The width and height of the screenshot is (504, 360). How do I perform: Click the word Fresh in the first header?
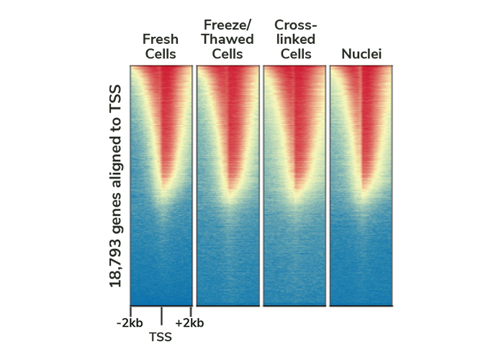click(x=160, y=39)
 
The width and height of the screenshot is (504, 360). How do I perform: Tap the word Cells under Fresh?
click(x=160, y=54)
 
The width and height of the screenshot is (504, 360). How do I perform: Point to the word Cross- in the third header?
click(x=293, y=24)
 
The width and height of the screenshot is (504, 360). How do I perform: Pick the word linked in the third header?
click(x=293, y=39)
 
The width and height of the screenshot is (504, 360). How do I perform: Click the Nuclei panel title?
click(x=360, y=54)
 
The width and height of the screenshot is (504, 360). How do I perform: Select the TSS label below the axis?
click(x=161, y=336)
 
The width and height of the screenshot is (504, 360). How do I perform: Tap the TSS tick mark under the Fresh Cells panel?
click(x=161, y=314)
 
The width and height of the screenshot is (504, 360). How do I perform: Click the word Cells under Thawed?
click(x=228, y=54)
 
